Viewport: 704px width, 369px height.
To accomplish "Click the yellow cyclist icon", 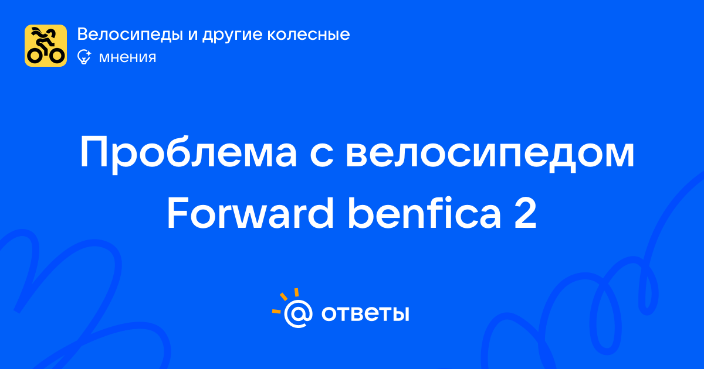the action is (x=46, y=46).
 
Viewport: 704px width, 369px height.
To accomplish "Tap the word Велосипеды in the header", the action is (x=130, y=35).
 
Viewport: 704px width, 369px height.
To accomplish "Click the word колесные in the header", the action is (x=309, y=35).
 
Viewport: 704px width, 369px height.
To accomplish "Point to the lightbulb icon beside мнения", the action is (x=84, y=57).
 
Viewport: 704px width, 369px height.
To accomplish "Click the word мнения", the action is (x=128, y=58).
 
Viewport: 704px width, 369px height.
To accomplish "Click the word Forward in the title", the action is (x=250, y=213).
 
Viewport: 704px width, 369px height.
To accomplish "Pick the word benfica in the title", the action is (x=424, y=213).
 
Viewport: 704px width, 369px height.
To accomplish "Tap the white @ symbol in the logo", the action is (x=298, y=313).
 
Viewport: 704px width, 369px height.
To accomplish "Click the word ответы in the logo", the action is (x=365, y=313).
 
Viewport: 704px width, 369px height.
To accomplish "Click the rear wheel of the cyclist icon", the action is (x=35, y=56).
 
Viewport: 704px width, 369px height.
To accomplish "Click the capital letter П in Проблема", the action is (x=94, y=152).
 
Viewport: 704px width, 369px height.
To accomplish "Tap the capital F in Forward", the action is (x=178, y=213).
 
